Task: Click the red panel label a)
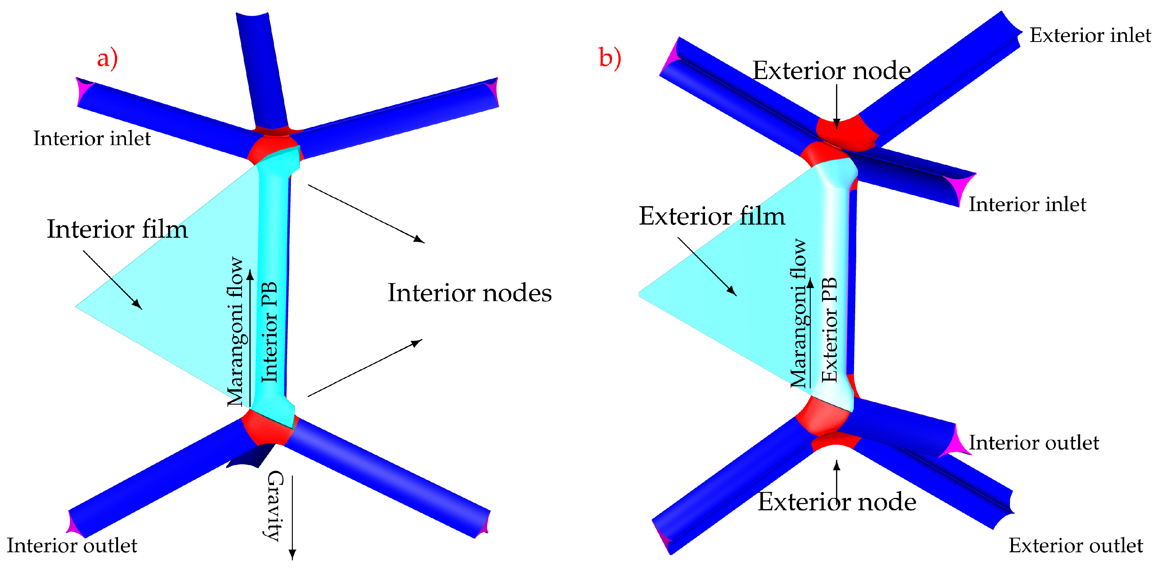pos(107,59)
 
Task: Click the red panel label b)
pos(610,58)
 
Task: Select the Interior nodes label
pos(469,293)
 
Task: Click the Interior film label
pos(117,229)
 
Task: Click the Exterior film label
pos(712,216)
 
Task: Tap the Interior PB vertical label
pos(269,332)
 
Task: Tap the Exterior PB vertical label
pos(829,330)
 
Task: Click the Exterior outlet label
pos(1075,546)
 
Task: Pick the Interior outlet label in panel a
pos(72,546)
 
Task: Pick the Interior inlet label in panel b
pos(1027,204)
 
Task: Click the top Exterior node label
pos(831,71)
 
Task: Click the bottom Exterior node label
pos(837,502)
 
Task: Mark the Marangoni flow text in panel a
pos(235,332)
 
